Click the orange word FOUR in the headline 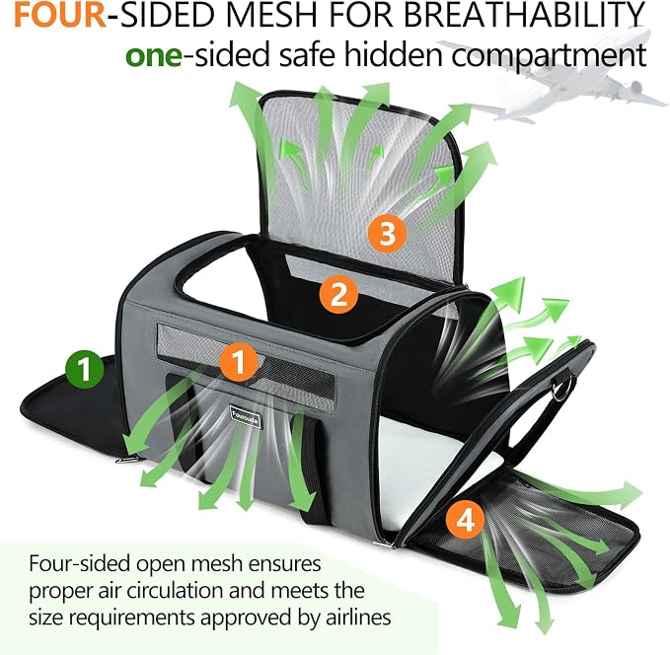point(60,16)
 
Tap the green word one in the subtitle point(154,56)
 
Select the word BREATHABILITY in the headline point(524,16)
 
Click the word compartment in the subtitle point(549,56)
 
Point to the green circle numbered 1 point(85,369)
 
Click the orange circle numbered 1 point(239,362)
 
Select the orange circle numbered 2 point(338,294)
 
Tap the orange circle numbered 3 point(388,233)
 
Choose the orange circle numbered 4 point(466,520)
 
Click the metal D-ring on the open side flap point(559,390)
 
